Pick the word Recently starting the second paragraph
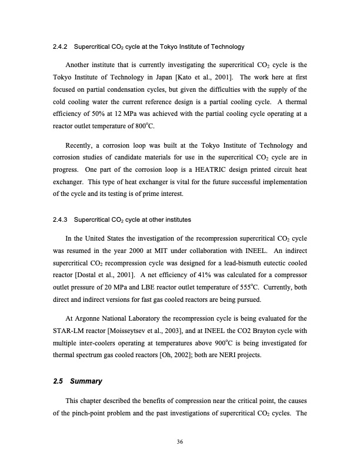coord(81,144)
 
